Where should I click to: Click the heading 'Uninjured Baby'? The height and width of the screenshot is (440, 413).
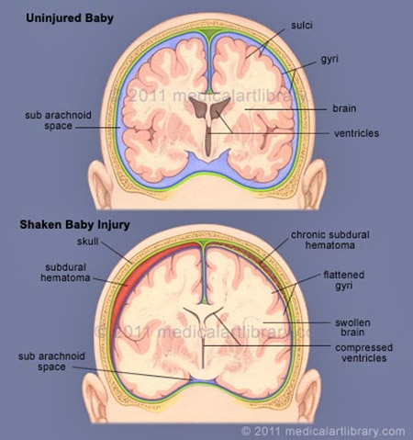tap(70, 18)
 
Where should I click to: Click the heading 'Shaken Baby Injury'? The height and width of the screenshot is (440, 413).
tap(74, 225)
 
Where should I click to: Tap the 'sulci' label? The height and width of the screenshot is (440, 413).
tap(302, 25)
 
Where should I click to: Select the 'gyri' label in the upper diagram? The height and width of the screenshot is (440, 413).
tap(329, 59)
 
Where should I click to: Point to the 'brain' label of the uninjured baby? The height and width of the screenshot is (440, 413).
tap(344, 108)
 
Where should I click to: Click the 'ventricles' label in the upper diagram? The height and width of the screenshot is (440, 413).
tap(356, 133)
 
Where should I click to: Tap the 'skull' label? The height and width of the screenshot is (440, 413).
tap(88, 242)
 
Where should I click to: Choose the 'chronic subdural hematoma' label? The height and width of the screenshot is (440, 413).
tap(330, 240)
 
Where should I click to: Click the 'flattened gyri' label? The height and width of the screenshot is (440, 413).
tap(344, 280)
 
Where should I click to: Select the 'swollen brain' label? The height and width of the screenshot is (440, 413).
tap(352, 327)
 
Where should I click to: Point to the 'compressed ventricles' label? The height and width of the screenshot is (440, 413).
tap(363, 353)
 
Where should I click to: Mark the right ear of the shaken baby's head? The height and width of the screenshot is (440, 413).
tap(309, 395)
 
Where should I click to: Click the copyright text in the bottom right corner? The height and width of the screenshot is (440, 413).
tap(323, 431)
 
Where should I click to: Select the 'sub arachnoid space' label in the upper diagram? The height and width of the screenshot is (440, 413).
tap(58, 120)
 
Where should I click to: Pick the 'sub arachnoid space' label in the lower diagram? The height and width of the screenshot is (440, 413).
tap(51, 362)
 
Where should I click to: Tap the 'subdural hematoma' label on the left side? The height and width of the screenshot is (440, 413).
tap(65, 273)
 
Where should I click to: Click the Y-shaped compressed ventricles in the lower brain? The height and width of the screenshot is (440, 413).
tap(203, 333)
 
